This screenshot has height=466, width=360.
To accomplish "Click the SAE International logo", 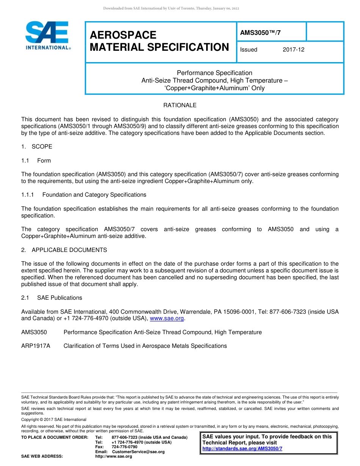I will (47, 36).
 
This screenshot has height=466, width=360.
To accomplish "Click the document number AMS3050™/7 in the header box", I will (260, 33).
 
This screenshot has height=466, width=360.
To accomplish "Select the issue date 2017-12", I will (293, 50).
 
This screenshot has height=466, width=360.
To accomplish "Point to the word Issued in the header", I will (249, 50).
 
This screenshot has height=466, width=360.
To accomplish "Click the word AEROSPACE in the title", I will (123, 35).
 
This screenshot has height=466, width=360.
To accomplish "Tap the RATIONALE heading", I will (180, 105).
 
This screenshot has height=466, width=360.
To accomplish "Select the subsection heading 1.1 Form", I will (36, 161).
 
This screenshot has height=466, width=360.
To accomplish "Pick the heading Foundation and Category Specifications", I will (94, 195).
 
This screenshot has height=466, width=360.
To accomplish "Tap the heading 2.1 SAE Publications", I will (52, 298).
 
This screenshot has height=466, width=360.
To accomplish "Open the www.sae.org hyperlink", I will (167, 319).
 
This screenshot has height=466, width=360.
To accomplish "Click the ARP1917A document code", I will (36, 346).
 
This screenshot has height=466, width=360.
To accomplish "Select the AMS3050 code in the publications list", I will (34, 332).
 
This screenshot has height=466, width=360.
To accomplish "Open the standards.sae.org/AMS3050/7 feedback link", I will (242, 449).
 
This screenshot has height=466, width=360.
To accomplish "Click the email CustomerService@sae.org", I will (138, 452).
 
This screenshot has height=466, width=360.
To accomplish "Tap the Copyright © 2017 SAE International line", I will (54, 419).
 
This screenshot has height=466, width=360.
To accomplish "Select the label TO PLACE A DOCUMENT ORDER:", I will (55, 438).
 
